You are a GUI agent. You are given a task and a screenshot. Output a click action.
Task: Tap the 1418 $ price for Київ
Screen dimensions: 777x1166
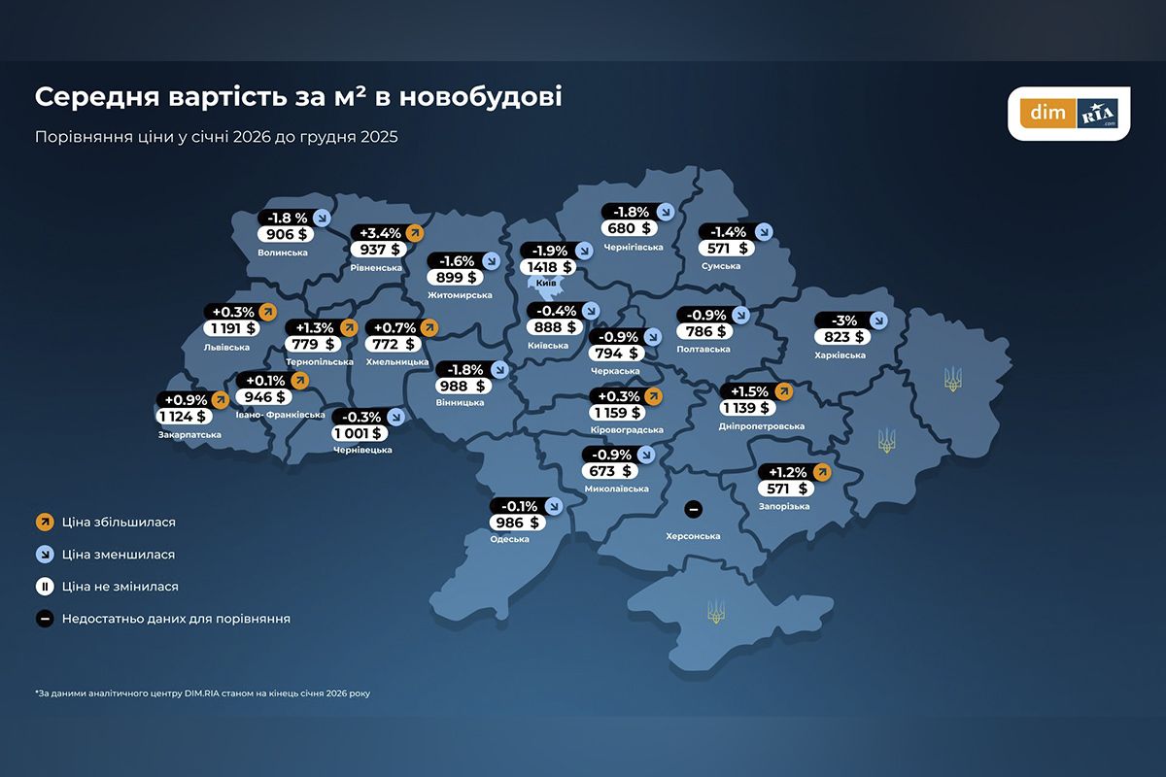click(547, 266)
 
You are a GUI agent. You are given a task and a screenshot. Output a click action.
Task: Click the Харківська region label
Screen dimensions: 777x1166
click(840, 355)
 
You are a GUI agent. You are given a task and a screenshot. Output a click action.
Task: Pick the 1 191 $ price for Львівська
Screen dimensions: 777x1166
click(230, 329)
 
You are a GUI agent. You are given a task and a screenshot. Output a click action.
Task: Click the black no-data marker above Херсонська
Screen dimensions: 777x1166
click(693, 508)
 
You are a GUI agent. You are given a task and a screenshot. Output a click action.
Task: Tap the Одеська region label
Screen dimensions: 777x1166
click(510, 539)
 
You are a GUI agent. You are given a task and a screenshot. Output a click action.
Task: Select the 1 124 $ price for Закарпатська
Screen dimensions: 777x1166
click(183, 417)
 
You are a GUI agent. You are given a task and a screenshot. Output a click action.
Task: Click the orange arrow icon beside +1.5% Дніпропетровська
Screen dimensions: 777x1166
click(783, 391)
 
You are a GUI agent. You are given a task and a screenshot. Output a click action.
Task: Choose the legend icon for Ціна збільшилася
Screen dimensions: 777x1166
click(44, 523)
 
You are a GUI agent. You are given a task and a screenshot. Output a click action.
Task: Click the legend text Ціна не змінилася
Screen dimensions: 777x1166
click(120, 587)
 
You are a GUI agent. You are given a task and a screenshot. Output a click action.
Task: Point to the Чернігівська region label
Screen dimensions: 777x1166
click(633, 247)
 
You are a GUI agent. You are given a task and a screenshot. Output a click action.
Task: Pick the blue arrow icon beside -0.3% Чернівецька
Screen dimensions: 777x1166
click(395, 417)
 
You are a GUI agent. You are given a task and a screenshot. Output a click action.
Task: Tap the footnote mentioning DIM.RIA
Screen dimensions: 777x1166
click(202, 693)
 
